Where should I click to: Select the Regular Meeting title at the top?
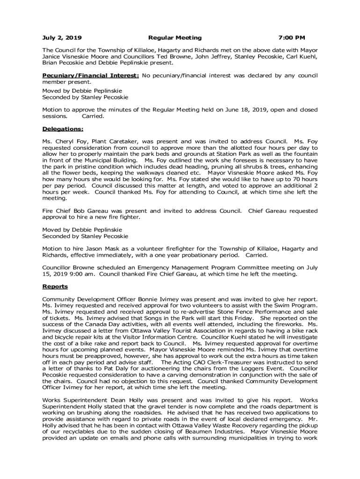175,37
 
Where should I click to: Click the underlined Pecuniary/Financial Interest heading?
90,75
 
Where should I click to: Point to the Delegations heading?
63,129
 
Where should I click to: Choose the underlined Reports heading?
55,286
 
